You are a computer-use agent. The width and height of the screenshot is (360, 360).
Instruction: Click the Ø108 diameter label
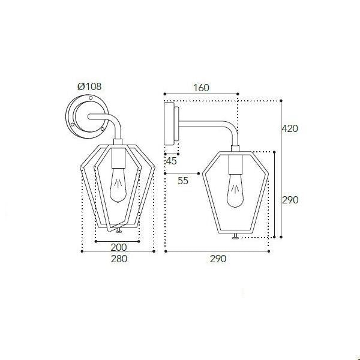89,86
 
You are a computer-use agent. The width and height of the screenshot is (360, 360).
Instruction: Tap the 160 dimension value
201,88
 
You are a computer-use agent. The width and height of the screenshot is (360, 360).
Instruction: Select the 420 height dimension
290,128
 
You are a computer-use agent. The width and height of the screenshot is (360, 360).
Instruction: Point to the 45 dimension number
171,161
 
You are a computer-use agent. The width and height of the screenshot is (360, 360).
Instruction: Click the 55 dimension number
183,181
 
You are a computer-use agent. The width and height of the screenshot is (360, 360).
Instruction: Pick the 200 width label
119,247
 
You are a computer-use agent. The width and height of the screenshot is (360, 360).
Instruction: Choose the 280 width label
119,259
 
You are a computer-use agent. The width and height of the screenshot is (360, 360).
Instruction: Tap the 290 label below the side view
218,259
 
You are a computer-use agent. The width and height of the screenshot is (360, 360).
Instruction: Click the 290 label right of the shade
290,200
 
